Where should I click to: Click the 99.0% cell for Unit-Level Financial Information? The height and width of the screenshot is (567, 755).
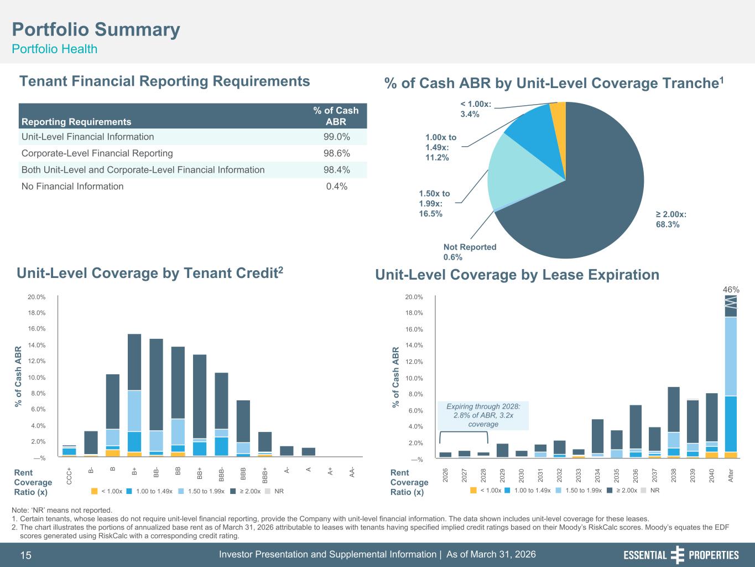pos(336,137)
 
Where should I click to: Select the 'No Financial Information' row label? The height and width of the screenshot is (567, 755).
pos(72,186)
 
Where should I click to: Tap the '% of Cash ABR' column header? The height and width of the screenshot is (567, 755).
pos(336,116)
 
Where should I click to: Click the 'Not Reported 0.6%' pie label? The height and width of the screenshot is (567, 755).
pos(470,252)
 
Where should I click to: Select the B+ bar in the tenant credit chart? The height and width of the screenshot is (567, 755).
pos(134,395)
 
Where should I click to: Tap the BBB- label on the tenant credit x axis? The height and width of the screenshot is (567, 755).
pos(221,474)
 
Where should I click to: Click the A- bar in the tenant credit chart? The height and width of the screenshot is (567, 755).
pos(287,451)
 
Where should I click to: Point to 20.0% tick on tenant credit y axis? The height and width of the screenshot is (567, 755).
pos(37,297)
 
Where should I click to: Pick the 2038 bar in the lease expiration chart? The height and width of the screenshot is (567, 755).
pos(674,422)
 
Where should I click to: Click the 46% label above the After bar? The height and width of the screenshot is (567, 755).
pos(731,290)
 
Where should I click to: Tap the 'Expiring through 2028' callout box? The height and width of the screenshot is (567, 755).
pos(483,415)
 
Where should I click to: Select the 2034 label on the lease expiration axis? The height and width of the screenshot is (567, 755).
pos(598,476)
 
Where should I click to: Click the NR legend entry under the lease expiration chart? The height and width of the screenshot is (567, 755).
pos(650,490)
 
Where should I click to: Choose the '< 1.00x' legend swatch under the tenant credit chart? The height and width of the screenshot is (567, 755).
pos(94,491)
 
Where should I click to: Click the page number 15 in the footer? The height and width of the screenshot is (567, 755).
pos(26,555)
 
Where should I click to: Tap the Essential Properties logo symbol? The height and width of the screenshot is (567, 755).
pos(678,555)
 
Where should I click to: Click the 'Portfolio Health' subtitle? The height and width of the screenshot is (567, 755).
pos(54,49)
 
